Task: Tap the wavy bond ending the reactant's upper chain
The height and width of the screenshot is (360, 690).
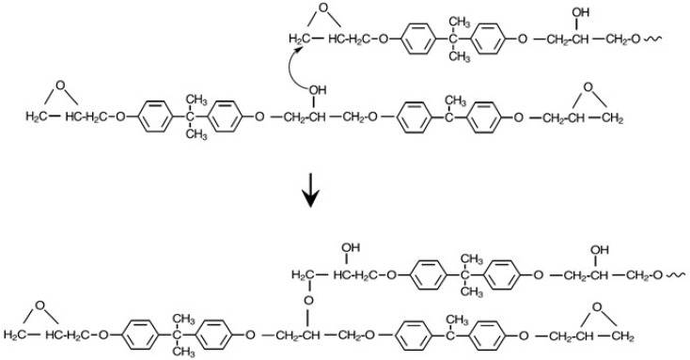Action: [669, 39]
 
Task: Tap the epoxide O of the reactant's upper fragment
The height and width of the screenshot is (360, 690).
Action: [321, 10]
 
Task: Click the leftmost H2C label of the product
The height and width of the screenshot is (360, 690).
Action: [17, 335]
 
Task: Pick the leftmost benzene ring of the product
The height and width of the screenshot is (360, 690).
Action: [139, 335]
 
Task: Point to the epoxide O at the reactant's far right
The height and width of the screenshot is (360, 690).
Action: [589, 88]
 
